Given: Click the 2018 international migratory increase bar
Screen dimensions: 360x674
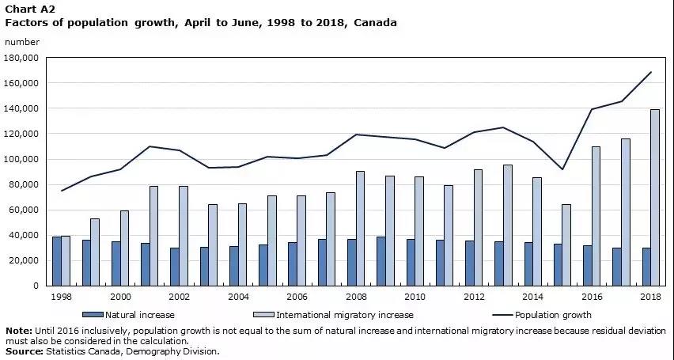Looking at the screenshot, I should (x=655, y=197).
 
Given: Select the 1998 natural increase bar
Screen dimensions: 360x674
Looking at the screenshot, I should (x=56, y=261).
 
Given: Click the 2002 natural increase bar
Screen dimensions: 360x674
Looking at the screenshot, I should (x=174, y=267).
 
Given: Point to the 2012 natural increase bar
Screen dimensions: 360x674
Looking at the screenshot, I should (x=470, y=263).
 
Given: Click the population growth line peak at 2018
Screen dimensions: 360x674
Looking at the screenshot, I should (x=651, y=72).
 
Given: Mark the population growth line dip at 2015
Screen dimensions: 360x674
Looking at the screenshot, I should (x=562, y=169).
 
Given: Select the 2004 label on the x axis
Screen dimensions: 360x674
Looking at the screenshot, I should (x=238, y=296).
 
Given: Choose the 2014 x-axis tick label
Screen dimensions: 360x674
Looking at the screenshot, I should (x=533, y=296).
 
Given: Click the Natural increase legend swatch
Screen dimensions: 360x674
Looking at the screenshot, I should (x=92, y=315).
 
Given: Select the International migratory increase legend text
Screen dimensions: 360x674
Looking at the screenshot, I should (x=345, y=315).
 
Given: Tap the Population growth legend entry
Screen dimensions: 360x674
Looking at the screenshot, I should (x=554, y=315).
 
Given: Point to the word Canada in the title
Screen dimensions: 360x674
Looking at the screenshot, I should (x=375, y=23).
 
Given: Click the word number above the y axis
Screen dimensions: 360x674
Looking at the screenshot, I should (x=22, y=42).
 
